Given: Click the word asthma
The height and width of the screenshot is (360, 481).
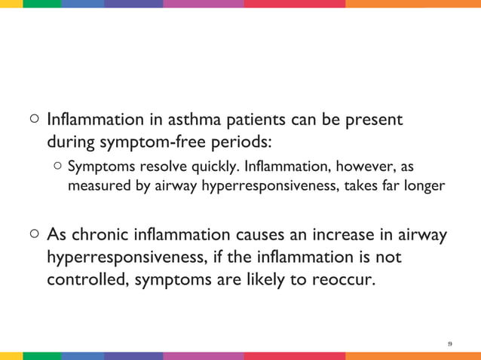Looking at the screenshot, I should [x=197, y=120].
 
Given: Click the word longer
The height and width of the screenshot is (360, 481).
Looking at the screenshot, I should [x=424, y=185].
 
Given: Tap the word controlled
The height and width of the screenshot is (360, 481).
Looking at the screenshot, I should [x=86, y=279].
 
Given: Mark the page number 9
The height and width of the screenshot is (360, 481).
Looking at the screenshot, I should [x=450, y=343].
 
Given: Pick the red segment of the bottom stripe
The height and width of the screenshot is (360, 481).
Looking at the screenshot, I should [x=295, y=356].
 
